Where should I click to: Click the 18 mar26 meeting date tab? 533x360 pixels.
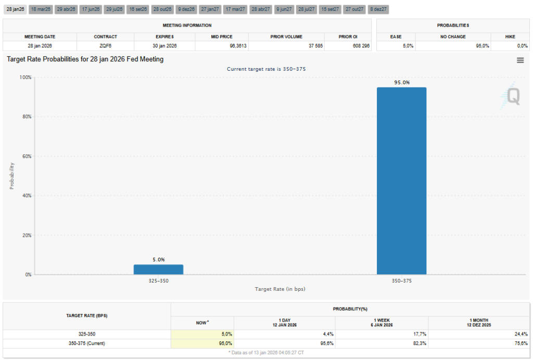click(x=40, y=9)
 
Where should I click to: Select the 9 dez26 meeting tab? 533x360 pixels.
click(x=186, y=9)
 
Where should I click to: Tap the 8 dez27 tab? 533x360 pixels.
click(x=378, y=9)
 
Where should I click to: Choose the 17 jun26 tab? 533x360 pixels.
click(x=91, y=9)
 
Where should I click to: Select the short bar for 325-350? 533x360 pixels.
click(x=158, y=269)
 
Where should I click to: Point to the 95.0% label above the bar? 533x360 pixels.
click(x=401, y=82)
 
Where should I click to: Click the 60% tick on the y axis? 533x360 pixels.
click(x=26, y=156)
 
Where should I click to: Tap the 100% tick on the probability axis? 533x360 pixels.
click(x=24, y=77)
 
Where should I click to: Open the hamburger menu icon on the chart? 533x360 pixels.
click(x=519, y=60)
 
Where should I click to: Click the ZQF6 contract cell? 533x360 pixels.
click(x=105, y=46)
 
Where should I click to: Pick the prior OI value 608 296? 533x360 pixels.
click(x=359, y=46)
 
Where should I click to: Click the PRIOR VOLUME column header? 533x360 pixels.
click(x=286, y=37)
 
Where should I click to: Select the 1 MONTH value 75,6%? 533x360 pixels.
click(x=520, y=343)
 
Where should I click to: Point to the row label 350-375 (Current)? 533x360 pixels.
click(x=87, y=343)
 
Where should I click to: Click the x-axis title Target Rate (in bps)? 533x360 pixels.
click(x=280, y=288)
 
